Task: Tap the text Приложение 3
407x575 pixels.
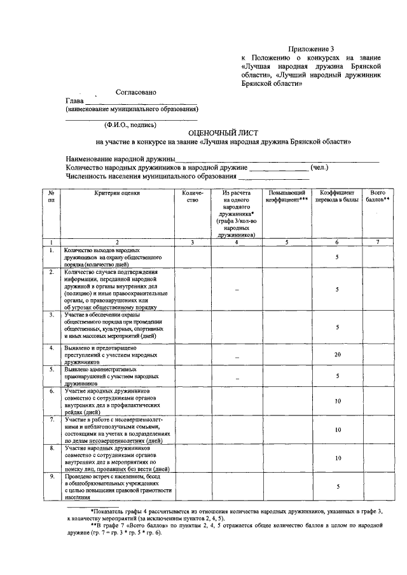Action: coord(311,48)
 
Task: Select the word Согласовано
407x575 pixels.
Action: coord(136,91)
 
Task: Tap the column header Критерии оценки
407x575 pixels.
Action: coord(117,193)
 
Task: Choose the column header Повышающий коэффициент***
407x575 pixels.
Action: coord(287,196)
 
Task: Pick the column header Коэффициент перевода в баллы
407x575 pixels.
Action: coord(337,196)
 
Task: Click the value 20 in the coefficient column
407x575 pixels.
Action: coord(338,355)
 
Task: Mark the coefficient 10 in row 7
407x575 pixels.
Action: coord(338,430)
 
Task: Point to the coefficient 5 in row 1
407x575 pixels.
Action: coord(338,257)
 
